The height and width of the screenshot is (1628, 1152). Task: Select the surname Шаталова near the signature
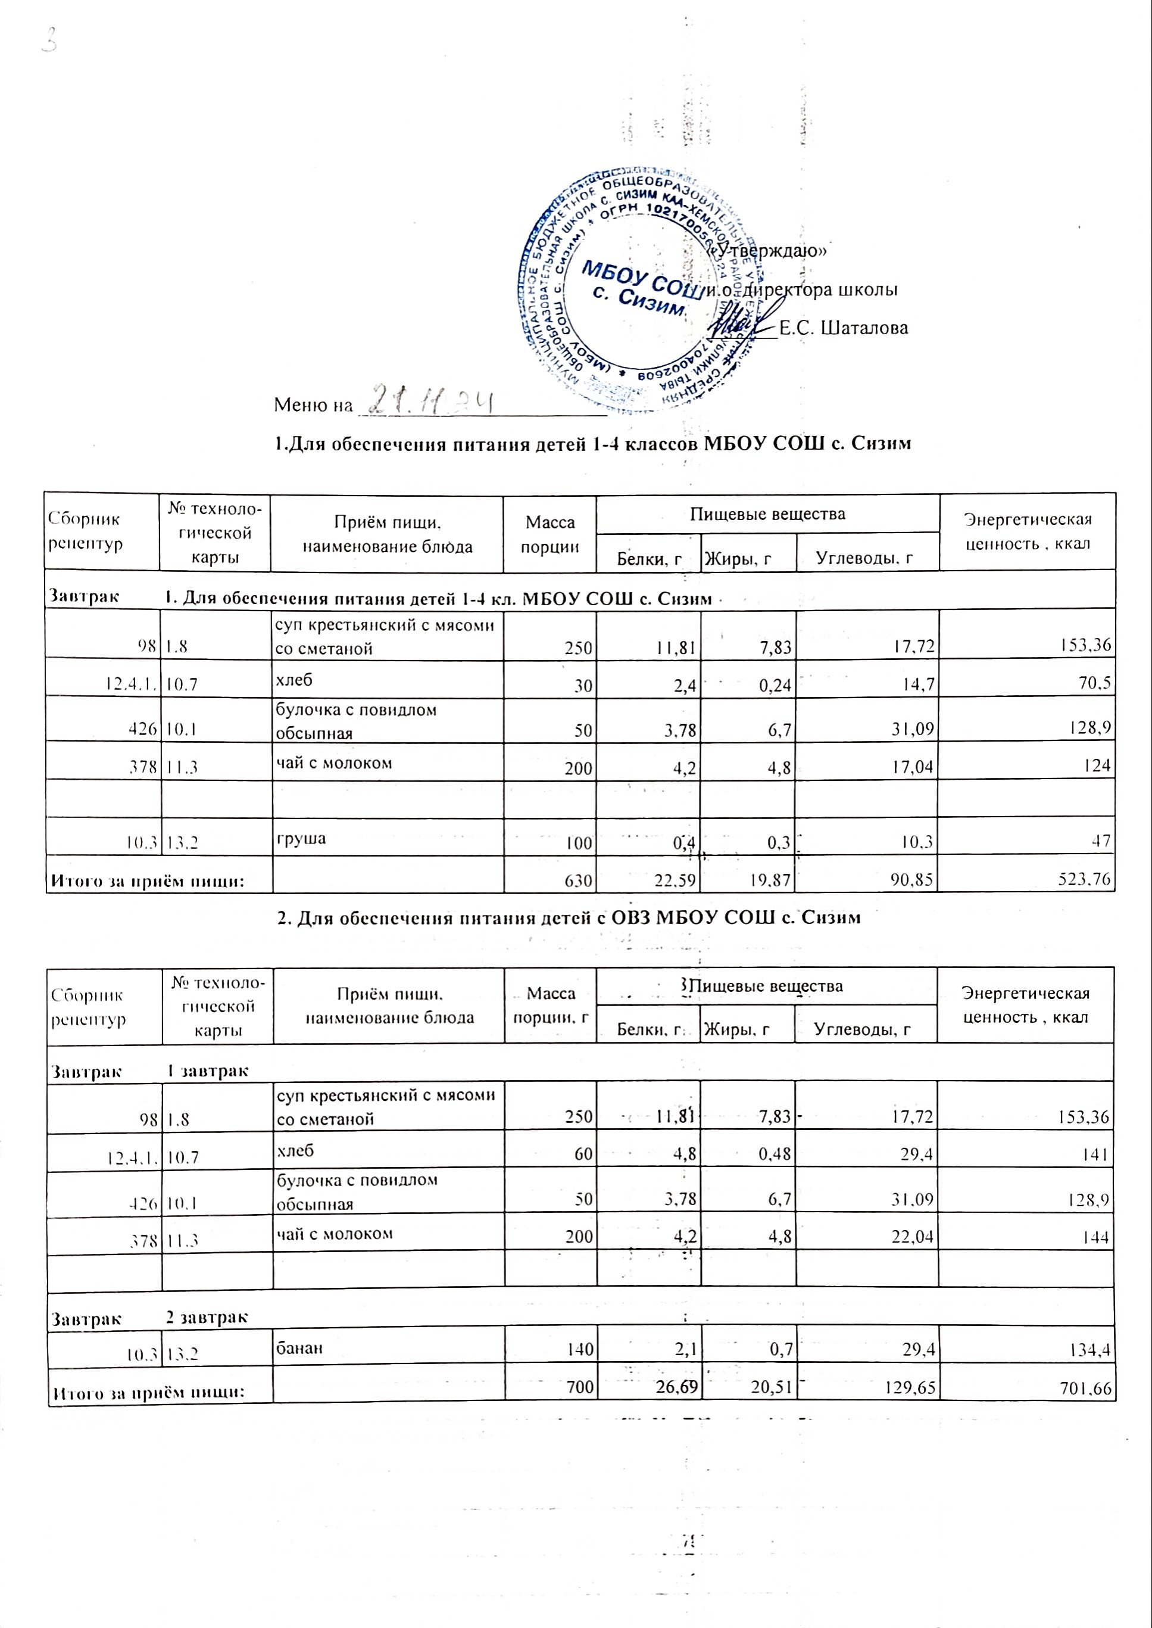844,328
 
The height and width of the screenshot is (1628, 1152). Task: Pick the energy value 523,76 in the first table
1085,880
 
